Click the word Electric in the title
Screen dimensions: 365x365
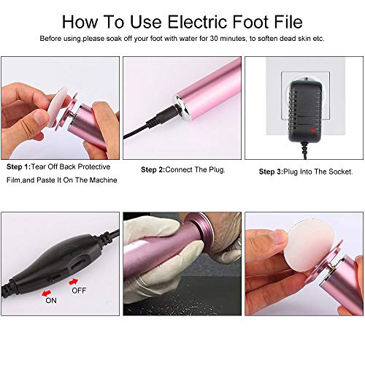click(x=198, y=22)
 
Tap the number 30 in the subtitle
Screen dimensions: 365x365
click(x=215, y=39)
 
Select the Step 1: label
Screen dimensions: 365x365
click(x=18, y=167)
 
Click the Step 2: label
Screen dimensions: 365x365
click(x=153, y=169)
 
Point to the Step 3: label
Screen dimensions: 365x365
click(x=271, y=172)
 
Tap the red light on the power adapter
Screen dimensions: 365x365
click(x=312, y=131)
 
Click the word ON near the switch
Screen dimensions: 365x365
click(x=51, y=301)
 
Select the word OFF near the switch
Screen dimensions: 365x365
click(x=79, y=291)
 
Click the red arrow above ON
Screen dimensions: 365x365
click(x=46, y=293)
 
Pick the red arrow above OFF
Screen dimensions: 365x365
click(x=73, y=282)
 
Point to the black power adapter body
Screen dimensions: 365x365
click(x=304, y=112)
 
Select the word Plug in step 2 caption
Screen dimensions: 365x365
click(x=217, y=170)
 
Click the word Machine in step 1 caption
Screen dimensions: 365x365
click(x=104, y=180)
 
